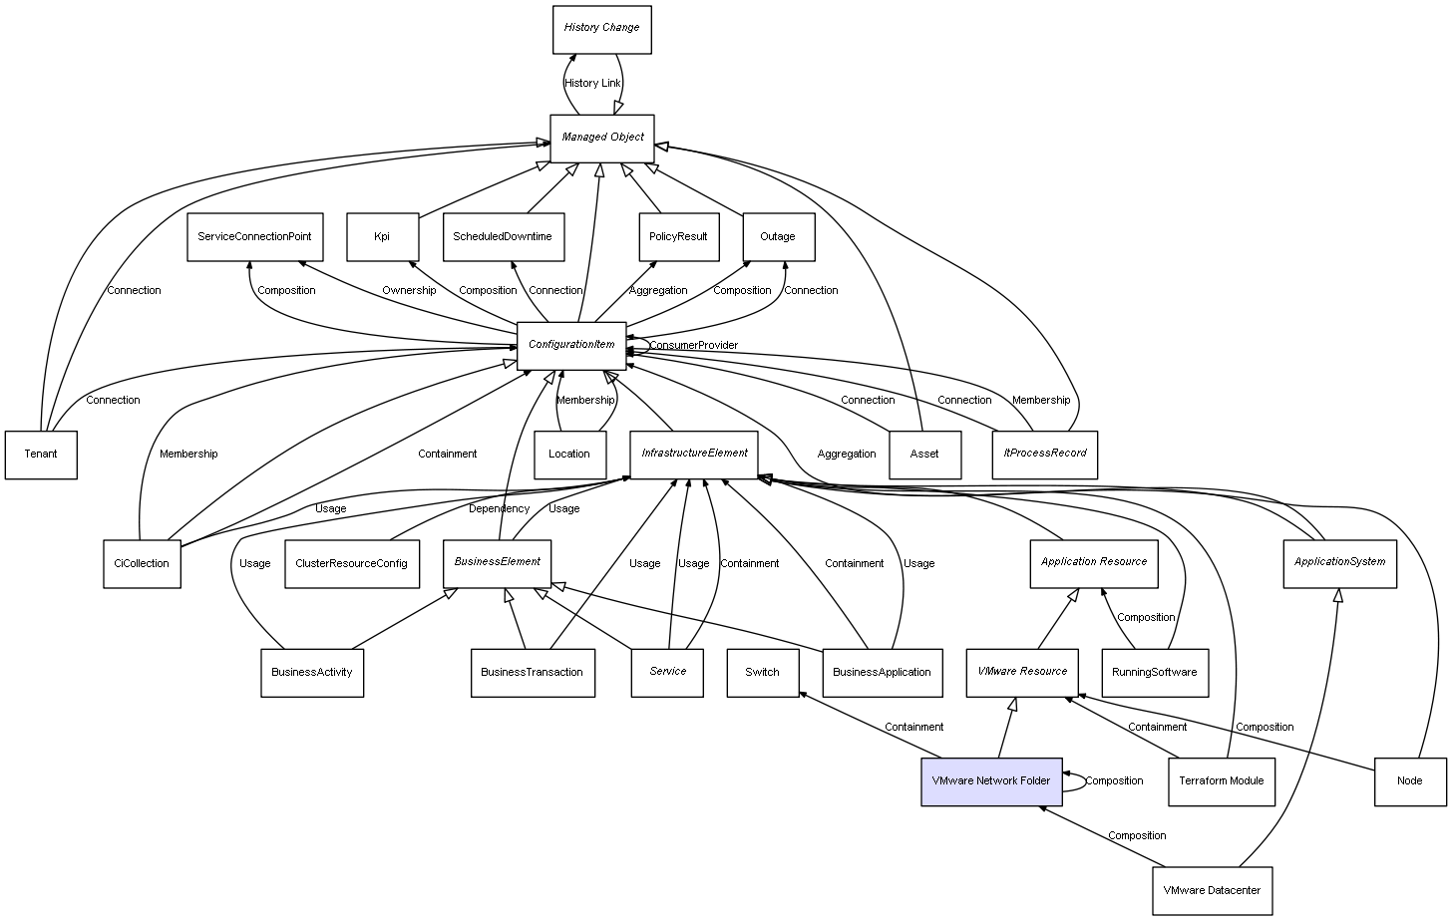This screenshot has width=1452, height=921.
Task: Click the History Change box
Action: [x=601, y=29]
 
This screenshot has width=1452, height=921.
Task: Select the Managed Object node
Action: [x=602, y=138]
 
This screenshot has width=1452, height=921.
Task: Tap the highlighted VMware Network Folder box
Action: [x=990, y=780]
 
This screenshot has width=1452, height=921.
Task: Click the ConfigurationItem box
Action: [x=571, y=345]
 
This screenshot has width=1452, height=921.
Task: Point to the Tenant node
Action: [x=41, y=455]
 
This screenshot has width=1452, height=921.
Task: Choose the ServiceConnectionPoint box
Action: [x=254, y=237]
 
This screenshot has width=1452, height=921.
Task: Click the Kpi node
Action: [x=382, y=237]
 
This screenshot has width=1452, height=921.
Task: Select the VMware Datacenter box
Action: [x=1212, y=890]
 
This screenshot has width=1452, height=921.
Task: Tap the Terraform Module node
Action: [x=1221, y=780]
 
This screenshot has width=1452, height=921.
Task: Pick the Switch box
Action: [x=762, y=672]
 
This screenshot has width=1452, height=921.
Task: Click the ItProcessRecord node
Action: [x=1044, y=454]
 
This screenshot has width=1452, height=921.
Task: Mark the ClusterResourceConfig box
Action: [x=351, y=563]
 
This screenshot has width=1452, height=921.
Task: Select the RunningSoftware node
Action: [x=1154, y=672]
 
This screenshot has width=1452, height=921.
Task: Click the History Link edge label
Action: [x=592, y=83]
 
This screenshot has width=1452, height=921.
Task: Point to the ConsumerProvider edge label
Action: [x=694, y=345]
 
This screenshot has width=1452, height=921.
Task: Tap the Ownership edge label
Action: [x=409, y=290]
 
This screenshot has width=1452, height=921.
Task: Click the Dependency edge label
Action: [x=499, y=508]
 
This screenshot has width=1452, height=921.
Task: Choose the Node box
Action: [x=1409, y=780]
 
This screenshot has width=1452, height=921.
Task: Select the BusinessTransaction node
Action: [x=532, y=672]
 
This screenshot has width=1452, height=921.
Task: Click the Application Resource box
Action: [x=1094, y=562]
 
